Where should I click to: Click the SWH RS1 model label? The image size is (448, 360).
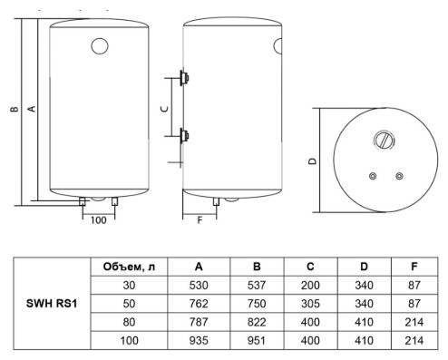coord(52,303)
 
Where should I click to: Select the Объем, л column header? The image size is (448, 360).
coord(129,267)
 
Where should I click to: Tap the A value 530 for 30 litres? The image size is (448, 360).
coord(199,285)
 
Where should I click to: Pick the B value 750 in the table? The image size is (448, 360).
coord(257,304)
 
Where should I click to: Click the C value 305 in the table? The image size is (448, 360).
coord(310,304)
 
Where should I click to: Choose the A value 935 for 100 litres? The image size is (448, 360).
coord(199,341)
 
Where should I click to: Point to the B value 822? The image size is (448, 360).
coord(257,322)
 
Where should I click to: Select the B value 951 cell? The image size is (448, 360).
coord(257,341)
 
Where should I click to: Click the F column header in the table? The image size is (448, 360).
coord(414,267)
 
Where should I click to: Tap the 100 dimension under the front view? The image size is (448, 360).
coord(99,220)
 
